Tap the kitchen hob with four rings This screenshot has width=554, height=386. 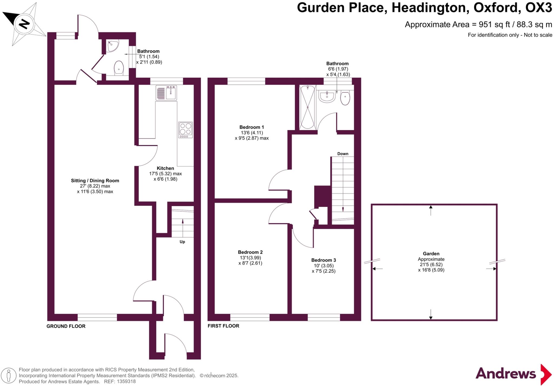tap(185, 130)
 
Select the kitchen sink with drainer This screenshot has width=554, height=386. tap(166, 93)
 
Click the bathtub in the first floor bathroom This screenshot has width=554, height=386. tap(308, 107)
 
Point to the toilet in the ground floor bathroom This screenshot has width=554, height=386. tap(119, 68)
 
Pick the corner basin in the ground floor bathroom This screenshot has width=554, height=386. tap(112, 46)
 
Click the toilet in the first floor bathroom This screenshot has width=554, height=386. tap(345, 98)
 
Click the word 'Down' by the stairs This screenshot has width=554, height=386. tap(343, 154)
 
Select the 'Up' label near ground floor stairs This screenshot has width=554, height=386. tap(182, 242)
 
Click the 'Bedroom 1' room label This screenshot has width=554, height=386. tap(252, 127)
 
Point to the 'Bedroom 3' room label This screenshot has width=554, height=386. tap(324, 260)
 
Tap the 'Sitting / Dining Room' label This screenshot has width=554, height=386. tap(95, 181)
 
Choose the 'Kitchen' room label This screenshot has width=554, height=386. tap(165, 168)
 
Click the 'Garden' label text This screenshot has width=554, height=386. tap(431, 254)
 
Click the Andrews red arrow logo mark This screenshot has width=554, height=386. tap(546, 374)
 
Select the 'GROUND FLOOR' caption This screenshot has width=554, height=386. tap(66, 326)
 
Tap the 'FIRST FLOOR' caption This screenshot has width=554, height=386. tap(223, 326)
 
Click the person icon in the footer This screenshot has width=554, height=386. tap(9, 376)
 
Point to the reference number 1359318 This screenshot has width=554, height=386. tap(126, 382)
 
